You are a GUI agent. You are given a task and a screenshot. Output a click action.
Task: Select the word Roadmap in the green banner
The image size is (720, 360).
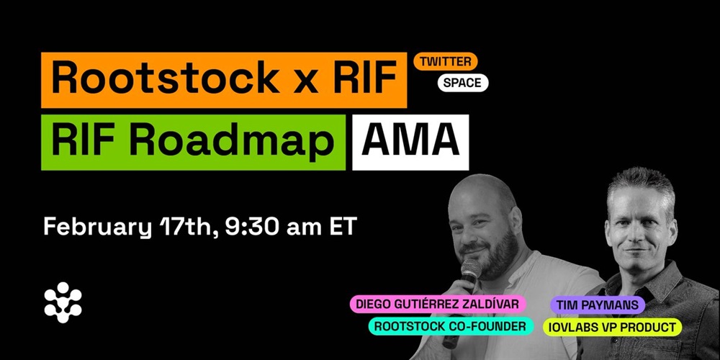231,142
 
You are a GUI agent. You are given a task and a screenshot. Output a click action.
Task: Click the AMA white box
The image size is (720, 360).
410,143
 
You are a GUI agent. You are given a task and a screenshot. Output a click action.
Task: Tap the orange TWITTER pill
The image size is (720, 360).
446,61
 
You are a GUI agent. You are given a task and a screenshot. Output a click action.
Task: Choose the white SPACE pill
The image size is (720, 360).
462,83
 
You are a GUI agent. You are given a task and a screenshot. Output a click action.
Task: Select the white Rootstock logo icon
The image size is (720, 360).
63,302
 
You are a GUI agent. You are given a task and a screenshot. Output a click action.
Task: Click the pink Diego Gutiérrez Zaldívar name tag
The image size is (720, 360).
438,305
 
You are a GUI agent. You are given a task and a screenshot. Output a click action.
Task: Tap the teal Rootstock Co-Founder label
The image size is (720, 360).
451,326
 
